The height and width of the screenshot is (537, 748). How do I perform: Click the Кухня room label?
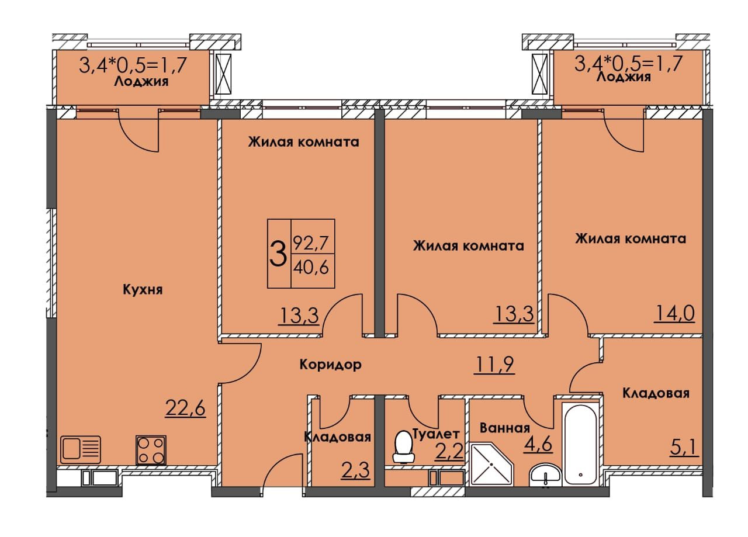point(143,289)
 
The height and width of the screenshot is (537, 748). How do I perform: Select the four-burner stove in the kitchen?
point(151,450)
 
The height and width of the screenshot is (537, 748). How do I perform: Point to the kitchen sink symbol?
point(81,450)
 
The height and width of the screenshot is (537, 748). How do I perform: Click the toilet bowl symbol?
point(403,444)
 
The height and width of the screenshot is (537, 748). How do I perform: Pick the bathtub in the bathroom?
point(580,443)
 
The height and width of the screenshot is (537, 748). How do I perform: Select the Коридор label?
point(330,365)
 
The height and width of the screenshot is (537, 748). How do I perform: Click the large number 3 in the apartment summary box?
point(278,254)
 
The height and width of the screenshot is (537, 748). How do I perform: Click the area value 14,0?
point(674,314)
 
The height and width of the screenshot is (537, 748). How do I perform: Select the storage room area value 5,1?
point(684,448)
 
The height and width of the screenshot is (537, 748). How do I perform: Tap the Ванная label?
point(504,427)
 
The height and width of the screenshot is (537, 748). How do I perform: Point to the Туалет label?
point(436,433)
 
